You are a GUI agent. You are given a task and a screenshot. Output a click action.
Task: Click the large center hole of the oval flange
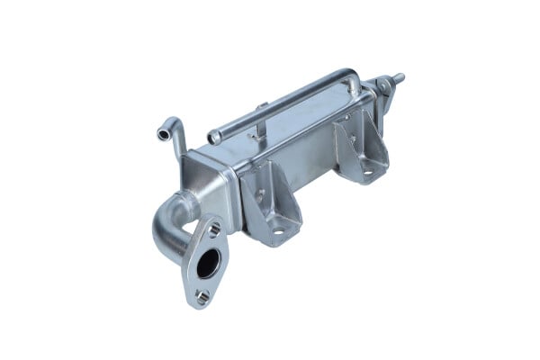coord(207,263)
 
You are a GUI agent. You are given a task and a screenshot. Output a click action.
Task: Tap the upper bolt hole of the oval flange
coord(213,230)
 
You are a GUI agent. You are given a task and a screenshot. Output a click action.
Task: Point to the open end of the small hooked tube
coord(162,134)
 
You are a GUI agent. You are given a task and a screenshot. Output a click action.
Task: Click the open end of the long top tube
coord(214,138)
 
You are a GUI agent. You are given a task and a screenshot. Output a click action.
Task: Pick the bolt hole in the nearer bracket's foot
coord(278,231)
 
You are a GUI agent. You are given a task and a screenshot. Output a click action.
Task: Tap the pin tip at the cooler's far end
coord(400,77)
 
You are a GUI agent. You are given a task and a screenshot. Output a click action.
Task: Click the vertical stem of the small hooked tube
coord(177,143)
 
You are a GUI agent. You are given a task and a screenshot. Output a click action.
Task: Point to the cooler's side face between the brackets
coord(306,162)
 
